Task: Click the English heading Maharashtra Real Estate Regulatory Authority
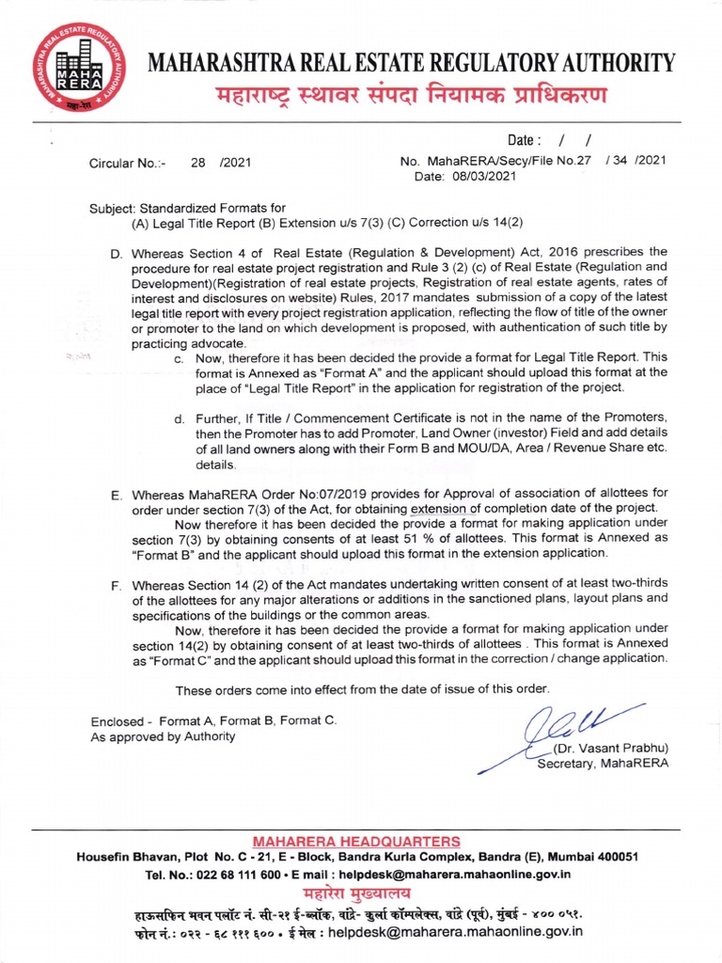[x=412, y=63]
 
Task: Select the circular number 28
[x=197, y=162]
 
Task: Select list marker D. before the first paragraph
[x=118, y=253]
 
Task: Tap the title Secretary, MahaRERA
[x=602, y=764]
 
